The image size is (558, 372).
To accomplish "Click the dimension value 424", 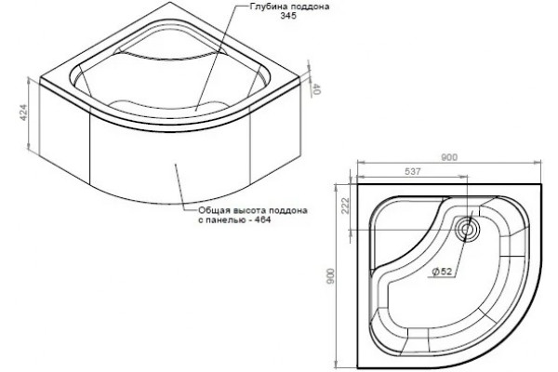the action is (23, 113).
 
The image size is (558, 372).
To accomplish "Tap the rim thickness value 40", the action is (316, 89).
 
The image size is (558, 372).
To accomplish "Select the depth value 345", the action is (288, 16).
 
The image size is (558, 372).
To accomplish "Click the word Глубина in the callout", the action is (268, 7).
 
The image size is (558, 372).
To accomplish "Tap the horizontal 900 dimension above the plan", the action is (449, 157).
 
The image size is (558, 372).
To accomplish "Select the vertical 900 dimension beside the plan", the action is (330, 275).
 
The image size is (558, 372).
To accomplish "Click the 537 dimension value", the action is (413, 171).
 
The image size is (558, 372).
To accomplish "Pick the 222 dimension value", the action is (346, 206).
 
